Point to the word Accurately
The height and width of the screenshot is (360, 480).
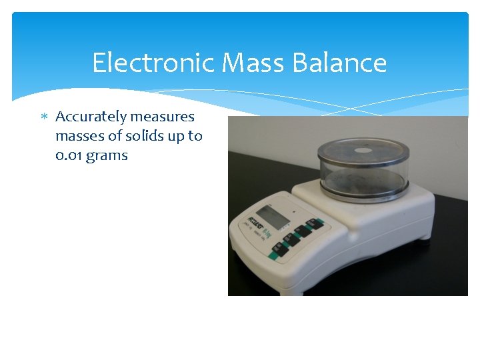pos(91,117)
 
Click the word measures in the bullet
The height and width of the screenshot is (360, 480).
pos(163,117)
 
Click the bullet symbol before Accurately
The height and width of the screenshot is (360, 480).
pos(44,117)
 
